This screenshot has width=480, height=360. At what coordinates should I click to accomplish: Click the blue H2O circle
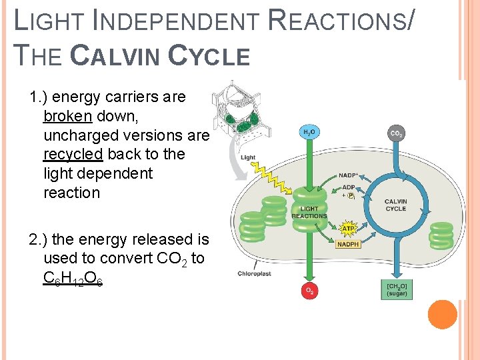(x=309, y=133)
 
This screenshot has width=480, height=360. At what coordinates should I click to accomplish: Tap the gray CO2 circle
(x=396, y=134)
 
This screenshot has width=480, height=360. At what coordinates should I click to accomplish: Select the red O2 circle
(x=309, y=291)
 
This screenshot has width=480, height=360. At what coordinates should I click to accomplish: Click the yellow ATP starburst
(x=348, y=229)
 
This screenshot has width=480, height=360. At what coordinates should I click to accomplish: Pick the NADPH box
(x=348, y=244)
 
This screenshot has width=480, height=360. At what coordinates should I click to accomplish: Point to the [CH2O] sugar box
(x=397, y=290)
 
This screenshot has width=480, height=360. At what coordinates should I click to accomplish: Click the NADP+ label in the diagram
(x=348, y=175)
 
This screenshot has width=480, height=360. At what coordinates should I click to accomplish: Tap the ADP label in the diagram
(x=348, y=187)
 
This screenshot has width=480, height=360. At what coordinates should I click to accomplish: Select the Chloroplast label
(x=253, y=274)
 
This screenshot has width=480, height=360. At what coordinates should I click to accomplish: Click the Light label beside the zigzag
(x=248, y=158)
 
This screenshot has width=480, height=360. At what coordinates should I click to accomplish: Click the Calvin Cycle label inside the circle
(x=395, y=205)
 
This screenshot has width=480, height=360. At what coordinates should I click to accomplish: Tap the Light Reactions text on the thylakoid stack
(x=309, y=213)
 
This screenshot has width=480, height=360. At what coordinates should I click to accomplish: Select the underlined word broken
(x=67, y=116)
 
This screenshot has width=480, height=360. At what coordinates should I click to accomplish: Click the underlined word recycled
(x=73, y=154)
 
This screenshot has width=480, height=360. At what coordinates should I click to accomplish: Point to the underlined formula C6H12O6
(x=72, y=277)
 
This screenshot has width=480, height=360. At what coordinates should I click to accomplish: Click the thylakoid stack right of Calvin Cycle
(x=441, y=235)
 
